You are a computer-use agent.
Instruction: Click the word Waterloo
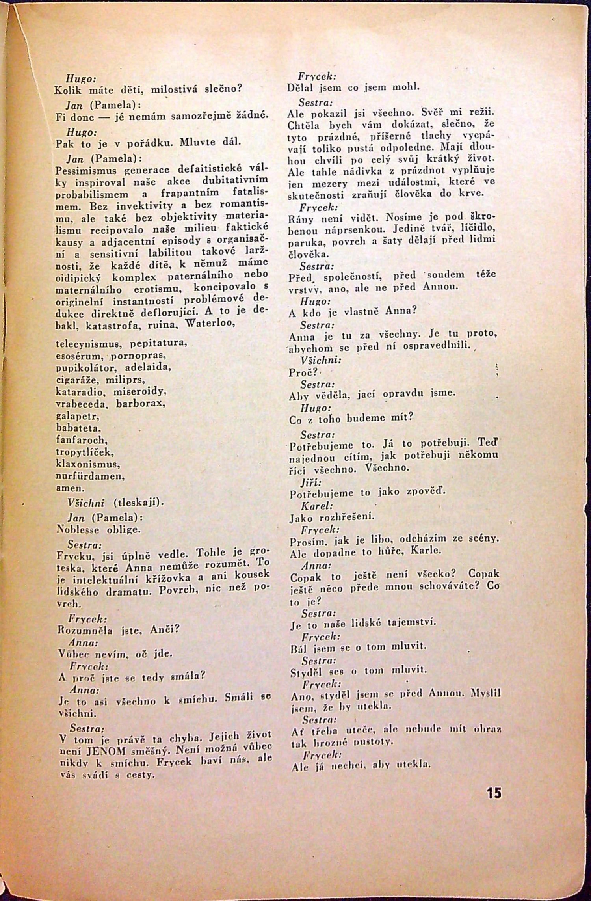[211, 325]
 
